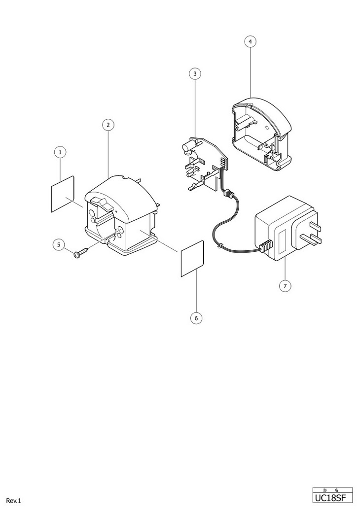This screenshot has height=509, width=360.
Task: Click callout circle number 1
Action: pos(60,152)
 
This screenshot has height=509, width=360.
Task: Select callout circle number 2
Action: pos(108,124)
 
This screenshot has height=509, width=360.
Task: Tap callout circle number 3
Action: pos(195,73)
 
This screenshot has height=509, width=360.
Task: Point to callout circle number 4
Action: pos(250,42)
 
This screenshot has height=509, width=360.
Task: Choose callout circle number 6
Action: pos(196,318)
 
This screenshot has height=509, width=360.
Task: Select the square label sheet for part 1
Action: pos(63,193)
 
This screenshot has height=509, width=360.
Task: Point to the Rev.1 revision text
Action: pos(14,501)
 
